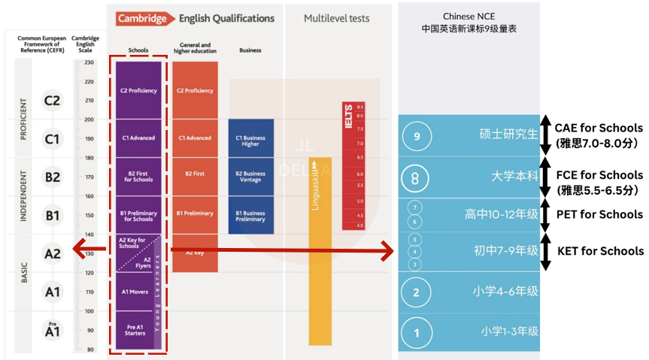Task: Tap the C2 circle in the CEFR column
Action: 52,101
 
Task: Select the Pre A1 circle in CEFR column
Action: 51,329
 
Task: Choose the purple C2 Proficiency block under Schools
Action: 138,90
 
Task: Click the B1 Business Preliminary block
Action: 250,216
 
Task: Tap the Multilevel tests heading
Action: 337,18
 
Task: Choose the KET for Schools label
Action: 600,251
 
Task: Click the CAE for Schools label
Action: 599,128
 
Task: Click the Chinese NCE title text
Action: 469,22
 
